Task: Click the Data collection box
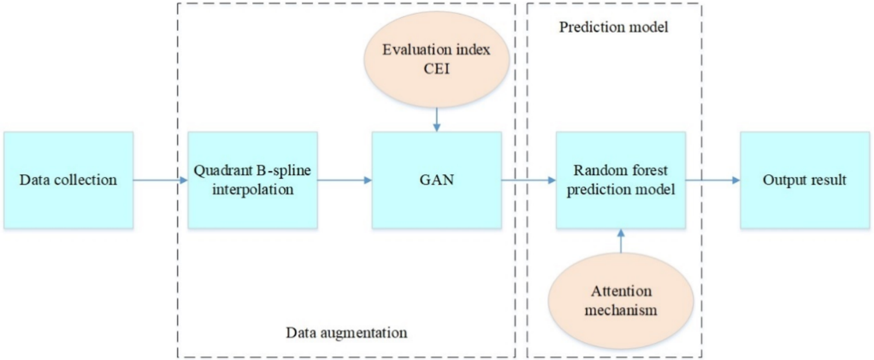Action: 68,180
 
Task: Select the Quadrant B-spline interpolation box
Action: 252,180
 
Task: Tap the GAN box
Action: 436,180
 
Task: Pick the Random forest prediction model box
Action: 621,180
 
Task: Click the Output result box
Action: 805,180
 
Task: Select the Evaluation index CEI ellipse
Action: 436,62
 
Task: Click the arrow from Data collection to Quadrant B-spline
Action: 160,180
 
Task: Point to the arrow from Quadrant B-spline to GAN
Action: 344,180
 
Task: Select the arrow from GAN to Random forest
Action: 529,180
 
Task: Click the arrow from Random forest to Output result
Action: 712,180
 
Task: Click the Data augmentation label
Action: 346,330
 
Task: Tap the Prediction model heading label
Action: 613,27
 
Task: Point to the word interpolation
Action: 252,190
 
